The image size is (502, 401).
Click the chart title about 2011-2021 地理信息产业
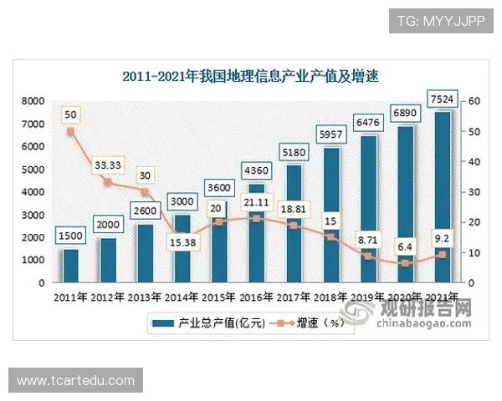251,77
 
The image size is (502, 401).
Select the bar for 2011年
70,266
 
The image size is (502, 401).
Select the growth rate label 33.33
107,164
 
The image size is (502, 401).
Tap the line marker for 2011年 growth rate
70,131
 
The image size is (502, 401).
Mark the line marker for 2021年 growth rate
442,255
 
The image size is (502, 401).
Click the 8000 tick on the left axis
33,101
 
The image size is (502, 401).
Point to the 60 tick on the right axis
474,101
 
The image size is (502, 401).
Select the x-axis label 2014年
182,297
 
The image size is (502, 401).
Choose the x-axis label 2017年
294,297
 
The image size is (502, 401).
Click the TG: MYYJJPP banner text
441,20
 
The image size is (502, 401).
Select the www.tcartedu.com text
75,381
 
